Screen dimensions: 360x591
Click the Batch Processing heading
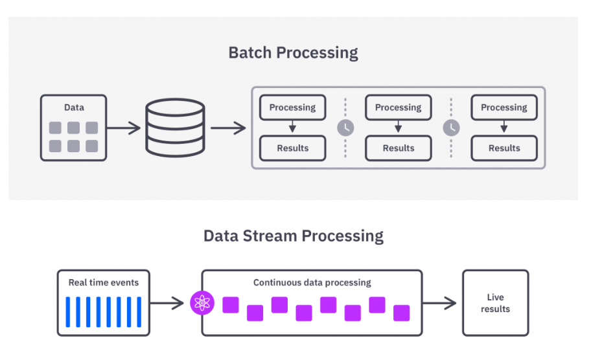click(x=293, y=52)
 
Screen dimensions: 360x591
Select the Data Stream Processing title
click(x=293, y=236)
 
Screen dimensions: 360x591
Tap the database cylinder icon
click(x=175, y=128)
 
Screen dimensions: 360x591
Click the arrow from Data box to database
click(x=124, y=128)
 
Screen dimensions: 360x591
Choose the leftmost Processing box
click(x=292, y=107)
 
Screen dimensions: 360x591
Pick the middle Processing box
click(x=398, y=107)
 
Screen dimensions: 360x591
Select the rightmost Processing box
click(x=504, y=107)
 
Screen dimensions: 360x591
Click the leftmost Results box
click(x=292, y=148)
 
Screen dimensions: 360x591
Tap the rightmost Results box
click(x=504, y=148)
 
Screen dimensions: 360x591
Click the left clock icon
click(x=345, y=128)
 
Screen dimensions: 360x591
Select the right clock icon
click(x=451, y=128)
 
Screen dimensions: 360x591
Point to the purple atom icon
click(x=202, y=302)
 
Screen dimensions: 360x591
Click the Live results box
click(x=495, y=303)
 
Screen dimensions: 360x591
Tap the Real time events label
click(x=104, y=282)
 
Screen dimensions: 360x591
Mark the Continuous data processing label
click(x=312, y=282)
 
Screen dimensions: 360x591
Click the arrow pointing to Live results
click(x=441, y=302)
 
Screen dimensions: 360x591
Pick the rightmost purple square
click(x=401, y=313)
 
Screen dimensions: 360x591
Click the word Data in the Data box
click(x=74, y=107)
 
